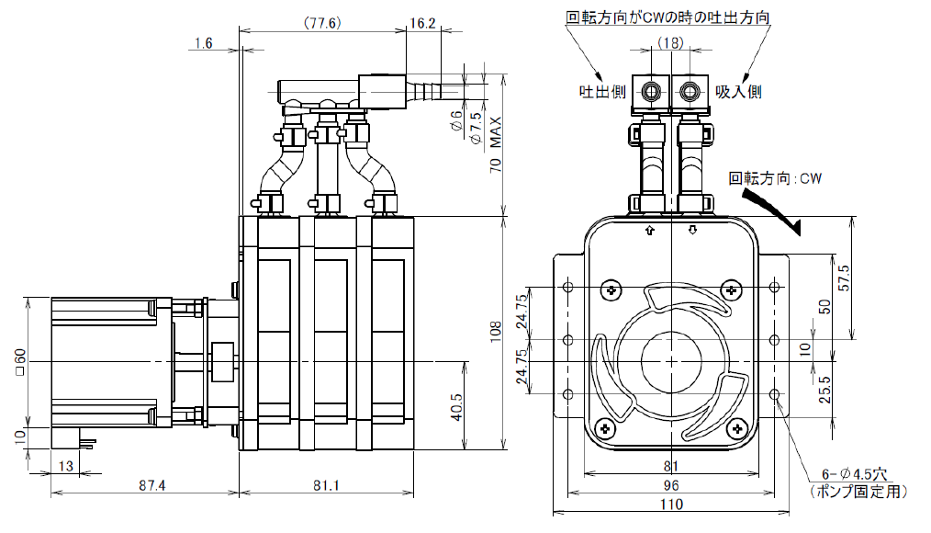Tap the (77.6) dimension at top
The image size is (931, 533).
321,23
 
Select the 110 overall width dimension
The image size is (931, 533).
670,504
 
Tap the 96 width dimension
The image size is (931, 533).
670,486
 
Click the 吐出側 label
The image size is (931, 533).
602,91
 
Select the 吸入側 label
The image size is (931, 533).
738,91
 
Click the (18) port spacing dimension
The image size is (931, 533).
670,43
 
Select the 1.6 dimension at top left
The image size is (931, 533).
204,43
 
